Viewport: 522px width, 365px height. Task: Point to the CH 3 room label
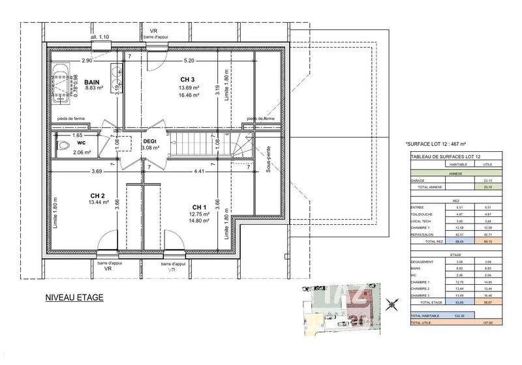pos(188,80)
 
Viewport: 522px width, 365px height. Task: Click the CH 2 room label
pos(98,195)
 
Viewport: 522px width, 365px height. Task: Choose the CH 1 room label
pos(200,208)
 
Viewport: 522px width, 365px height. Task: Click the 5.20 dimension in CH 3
pos(189,61)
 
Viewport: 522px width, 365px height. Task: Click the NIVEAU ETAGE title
pos(74,298)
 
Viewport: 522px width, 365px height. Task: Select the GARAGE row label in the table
pos(418,181)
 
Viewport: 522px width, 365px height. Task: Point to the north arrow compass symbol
pos(391,303)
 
